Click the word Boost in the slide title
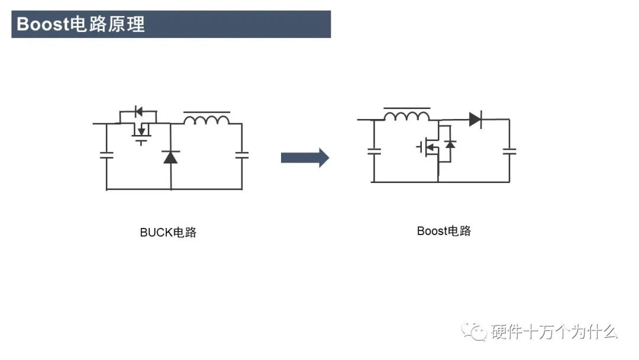pos(43,24)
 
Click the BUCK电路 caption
pos(168,233)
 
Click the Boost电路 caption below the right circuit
pos(444,231)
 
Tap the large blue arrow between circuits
pos(304,157)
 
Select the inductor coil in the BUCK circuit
pos(206,120)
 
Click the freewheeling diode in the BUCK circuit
pos(171,157)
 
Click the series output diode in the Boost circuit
pos(475,119)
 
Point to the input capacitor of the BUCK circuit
pos(106,155)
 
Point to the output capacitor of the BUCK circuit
pos(241,155)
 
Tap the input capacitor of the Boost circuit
pos(374,151)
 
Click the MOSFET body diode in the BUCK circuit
pos(139,111)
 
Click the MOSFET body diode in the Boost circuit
pos(450,144)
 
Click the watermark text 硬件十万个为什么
pos(554,332)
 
